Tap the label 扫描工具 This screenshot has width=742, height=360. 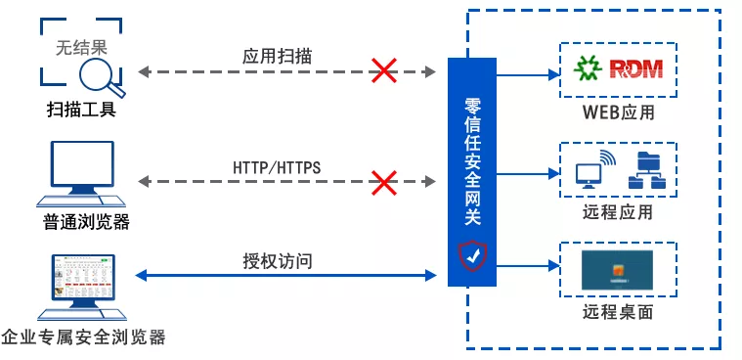(80, 109)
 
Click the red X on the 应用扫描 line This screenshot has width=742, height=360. (382, 70)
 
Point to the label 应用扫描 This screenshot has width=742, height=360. (278, 56)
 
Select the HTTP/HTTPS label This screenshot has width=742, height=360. (277, 167)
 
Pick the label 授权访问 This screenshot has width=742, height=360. (278, 261)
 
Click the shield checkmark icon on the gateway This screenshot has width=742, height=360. (472, 256)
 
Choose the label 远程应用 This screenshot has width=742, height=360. (617, 212)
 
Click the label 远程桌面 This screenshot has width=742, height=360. (617, 313)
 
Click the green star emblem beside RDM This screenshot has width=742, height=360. (588, 68)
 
